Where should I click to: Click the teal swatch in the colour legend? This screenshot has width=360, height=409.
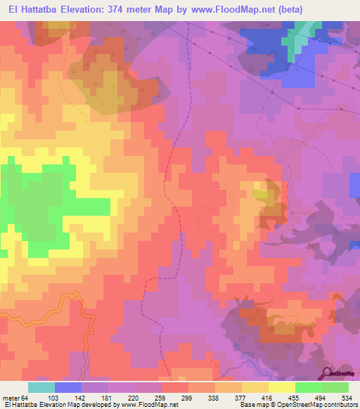(41, 387)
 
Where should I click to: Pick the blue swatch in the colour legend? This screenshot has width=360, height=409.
(68, 387)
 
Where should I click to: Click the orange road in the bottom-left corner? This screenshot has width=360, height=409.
(70, 302)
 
